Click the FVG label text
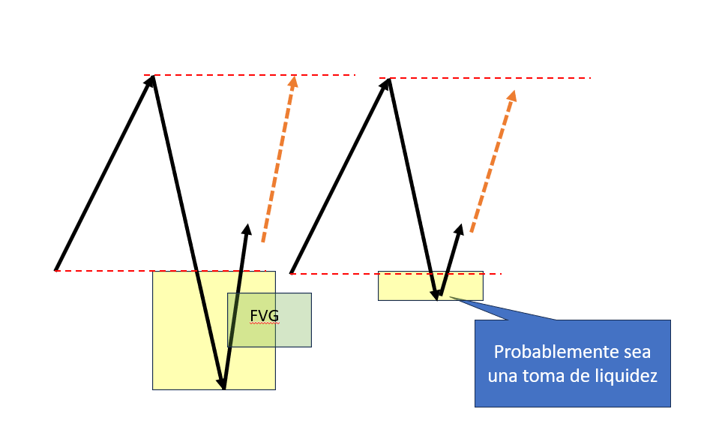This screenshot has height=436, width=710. (264, 316)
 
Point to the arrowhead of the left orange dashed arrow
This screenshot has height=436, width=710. (293, 80)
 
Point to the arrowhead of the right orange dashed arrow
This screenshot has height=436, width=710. (513, 95)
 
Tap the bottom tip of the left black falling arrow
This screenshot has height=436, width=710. (223, 387)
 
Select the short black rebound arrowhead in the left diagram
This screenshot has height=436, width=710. (246, 228)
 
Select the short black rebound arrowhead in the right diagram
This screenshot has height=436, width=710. (460, 228)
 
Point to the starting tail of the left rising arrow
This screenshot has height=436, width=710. (56, 269)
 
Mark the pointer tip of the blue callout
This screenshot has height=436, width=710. (451, 298)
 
